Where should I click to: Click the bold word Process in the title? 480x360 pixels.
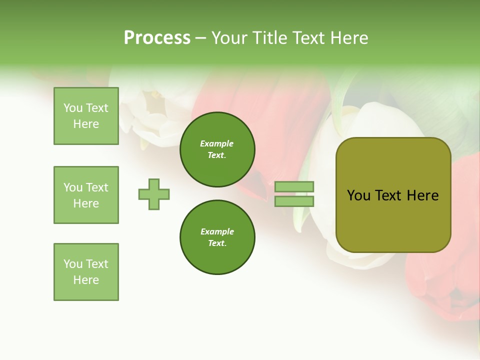157,38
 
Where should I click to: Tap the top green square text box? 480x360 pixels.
86,116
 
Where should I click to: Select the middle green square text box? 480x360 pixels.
86,195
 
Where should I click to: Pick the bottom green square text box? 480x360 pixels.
86,272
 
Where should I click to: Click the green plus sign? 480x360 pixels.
154,194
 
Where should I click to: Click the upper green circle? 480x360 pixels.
217,149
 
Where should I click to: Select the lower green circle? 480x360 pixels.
217,237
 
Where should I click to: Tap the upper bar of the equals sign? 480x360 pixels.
294,186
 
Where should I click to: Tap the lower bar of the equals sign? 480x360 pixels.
294,201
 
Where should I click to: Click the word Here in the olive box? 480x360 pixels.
422,195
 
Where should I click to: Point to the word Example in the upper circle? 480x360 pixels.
217,143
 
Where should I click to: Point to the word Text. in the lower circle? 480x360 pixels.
217,243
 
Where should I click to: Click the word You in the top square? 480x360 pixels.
73,108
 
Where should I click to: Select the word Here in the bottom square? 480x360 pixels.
86,280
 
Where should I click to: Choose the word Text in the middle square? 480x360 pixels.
97,187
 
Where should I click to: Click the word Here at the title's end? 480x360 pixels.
349,38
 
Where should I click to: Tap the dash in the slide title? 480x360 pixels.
200,38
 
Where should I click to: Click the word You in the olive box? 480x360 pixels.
359,195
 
